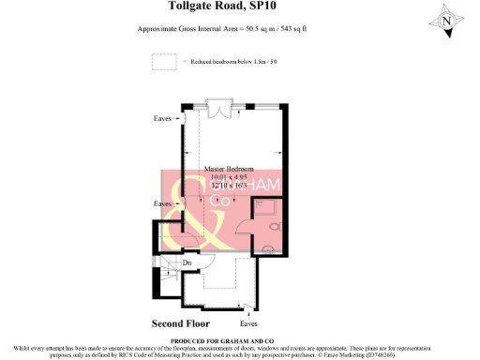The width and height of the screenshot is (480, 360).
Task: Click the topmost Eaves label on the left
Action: click(x=163, y=119)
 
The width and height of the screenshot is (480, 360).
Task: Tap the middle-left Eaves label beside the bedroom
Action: click(x=163, y=203)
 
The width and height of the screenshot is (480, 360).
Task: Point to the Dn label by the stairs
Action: click(x=187, y=263)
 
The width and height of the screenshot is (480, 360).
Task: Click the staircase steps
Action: click(x=168, y=273)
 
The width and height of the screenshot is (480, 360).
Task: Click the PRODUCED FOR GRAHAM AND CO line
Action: click(x=239, y=339)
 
